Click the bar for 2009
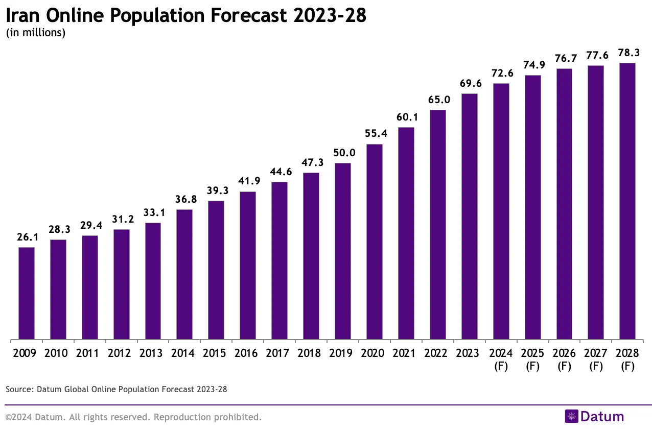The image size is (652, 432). (27, 293)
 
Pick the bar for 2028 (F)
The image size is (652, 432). (627, 201)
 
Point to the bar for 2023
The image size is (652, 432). (469, 217)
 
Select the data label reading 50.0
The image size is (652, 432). (342, 153)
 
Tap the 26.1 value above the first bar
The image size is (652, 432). (27, 237)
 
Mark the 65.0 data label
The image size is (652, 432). (437, 100)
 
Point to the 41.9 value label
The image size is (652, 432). (248, 181)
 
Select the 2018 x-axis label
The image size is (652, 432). (311, 353)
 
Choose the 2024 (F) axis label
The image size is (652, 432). (501, 359)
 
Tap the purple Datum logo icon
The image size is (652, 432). (571, 416)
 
